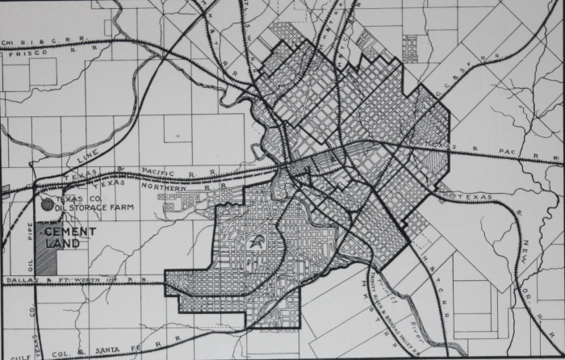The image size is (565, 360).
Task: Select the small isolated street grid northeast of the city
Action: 411,48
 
